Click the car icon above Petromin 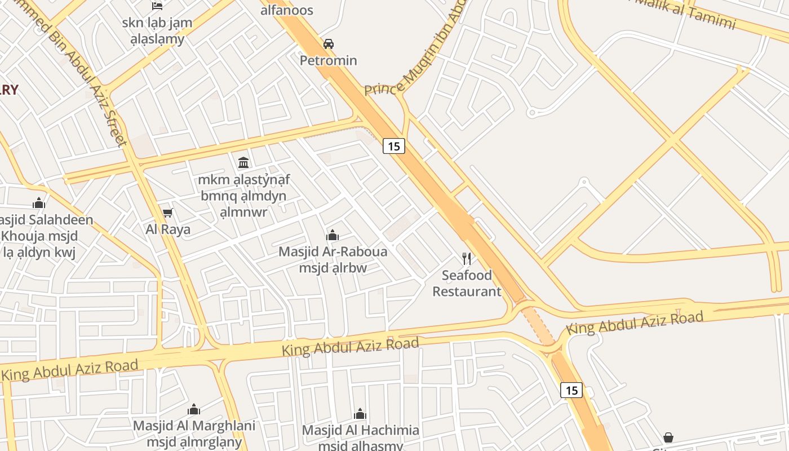tap(328, 43)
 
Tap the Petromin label tap(328, 60)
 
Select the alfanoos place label tap(286, 10)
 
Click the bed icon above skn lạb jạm tap(157, 6)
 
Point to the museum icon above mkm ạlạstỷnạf tap(243, 163)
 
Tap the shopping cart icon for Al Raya tap(167, 213)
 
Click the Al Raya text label tap(168, 229)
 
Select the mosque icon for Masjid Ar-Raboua tap(333, 235)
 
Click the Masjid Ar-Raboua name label tap(333, 251)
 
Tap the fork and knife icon tap(466, 258)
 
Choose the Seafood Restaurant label tap(466, 284)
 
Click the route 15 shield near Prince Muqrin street tap(394, 146)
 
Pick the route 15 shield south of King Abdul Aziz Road tap(571, 390)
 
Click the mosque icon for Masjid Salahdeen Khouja tap(39, 203)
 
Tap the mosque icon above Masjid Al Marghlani tap(194, 409)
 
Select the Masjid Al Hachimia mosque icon tap(360, 414)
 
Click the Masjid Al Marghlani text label tap(194, 426)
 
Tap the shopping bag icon tap(668, 437)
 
